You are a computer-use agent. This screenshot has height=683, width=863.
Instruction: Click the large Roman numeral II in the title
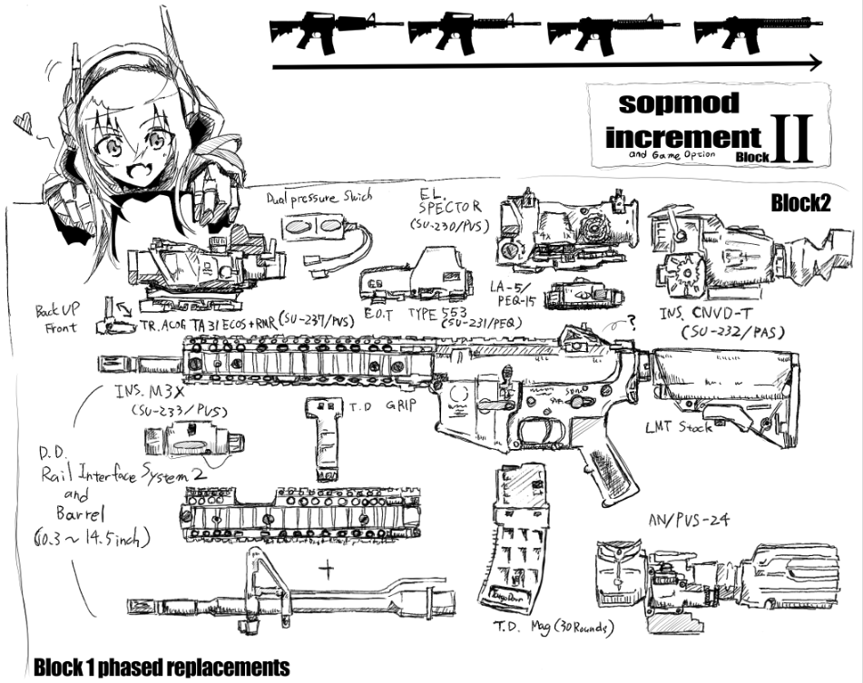[x=792, y=138]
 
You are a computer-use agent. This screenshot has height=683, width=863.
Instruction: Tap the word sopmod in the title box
[x=666, y=102]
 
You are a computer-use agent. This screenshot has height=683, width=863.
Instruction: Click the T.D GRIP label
[x=387, y=405]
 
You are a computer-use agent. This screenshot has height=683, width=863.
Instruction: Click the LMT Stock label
[x=678, y=426]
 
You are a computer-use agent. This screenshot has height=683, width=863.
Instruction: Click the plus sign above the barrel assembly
[x=326, y=569]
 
